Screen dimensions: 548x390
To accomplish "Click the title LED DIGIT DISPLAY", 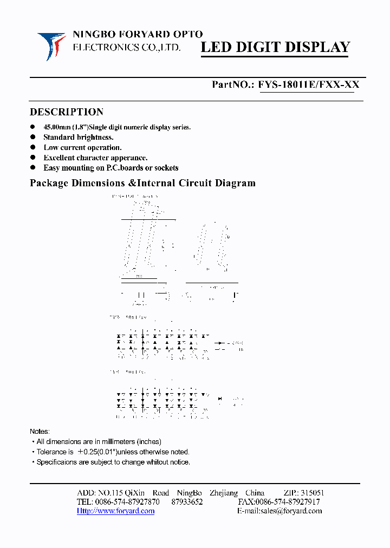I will pos(275,48).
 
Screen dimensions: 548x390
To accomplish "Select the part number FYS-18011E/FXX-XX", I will pos(308,84).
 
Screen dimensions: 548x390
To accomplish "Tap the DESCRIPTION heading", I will pos(66,112).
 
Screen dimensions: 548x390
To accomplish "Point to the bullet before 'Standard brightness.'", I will pos(33,138).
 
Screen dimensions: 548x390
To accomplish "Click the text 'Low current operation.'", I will pos(82,147).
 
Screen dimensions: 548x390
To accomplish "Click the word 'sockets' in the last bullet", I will pos(165,168).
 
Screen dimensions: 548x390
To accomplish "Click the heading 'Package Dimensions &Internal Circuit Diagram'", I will pos(142,183).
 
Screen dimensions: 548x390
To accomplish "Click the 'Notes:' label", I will pos(40,432).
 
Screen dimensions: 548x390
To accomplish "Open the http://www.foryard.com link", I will pos(115,511).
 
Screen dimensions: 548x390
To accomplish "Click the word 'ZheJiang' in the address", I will pos(223,493).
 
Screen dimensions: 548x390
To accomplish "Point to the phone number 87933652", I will pos(187,502).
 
